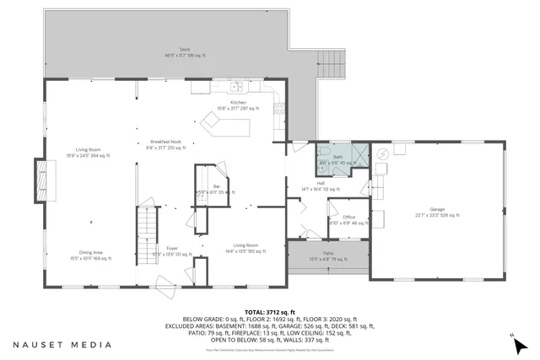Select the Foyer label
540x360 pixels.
pyautogui.click(x=171, y=250)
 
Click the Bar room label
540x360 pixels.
pyautogui.click(x=216, y=188)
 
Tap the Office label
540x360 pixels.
pyautogui.click(x=348, y=219)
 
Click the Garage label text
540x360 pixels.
pyautogui.click(x=436, y=213)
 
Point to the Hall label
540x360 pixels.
pyautogui.click(x=321, y=185)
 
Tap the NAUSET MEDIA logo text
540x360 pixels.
pyautogui.click(x=62, y=344)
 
